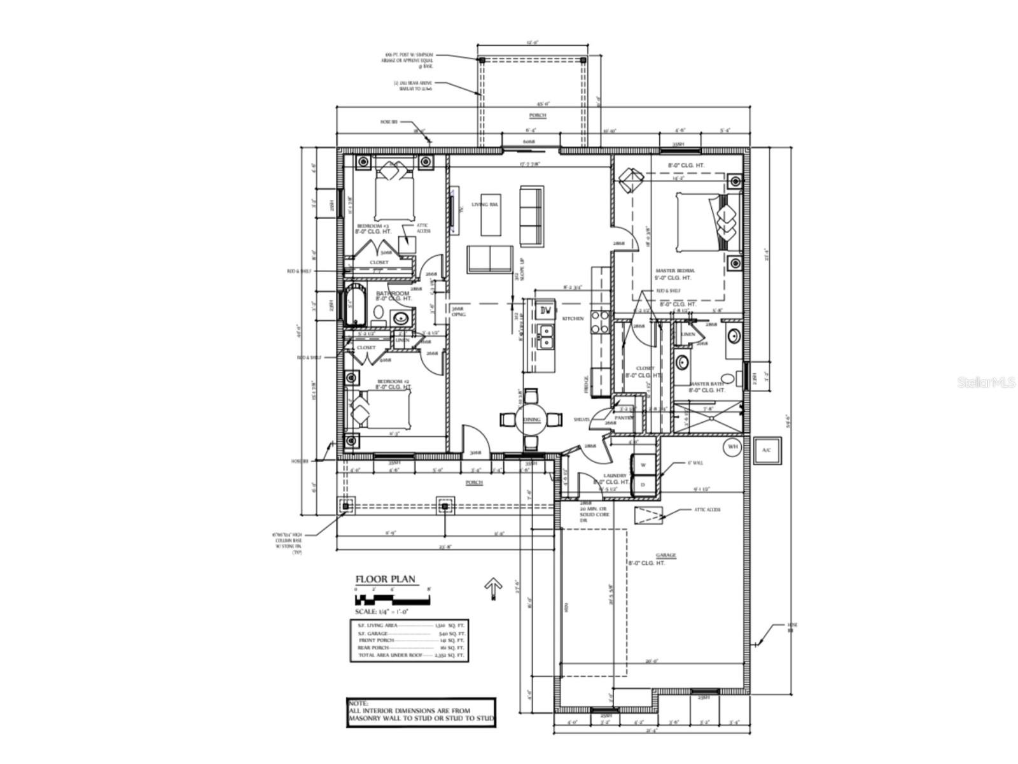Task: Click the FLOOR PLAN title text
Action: (x=385, y=579)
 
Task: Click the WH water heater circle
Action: (x=732, y=447)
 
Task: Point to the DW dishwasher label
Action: (x=545, y=311)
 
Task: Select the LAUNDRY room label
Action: (x=615, y=476)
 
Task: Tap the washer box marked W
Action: (x=643, y=465)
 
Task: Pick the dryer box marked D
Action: (x=643, y=485)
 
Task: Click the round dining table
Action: (x=531, y=419)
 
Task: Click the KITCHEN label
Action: (x=573, y=318)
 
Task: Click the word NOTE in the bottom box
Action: (x=358, y=703)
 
